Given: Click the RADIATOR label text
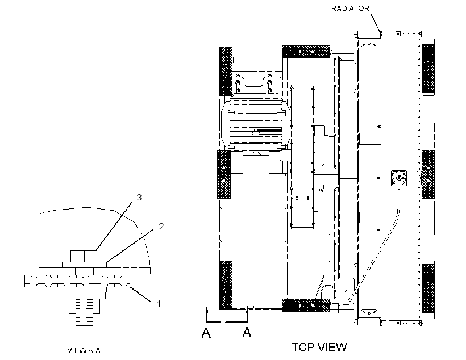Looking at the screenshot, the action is pyautogui.click(x=350, y=9).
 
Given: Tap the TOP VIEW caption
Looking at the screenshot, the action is pyautogui.click(x=319, y=348).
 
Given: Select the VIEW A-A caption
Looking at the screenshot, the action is pyautogui.click(x=84, y=350).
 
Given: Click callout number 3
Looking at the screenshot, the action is pyautogui.click(x=139, y=197).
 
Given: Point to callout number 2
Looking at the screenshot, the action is pyautogui.click(x=161, y=227).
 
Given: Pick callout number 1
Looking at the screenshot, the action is pyautogui.click(x=159, y=304).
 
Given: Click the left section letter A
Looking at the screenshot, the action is pyautogui.click(x=206, y=333).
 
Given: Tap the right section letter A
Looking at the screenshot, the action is pyautogui.click(x=247, y=332).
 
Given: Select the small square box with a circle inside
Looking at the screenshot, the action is pyautogui.click(x=398, y=178).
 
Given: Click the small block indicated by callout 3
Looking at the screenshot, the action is pyautogui.click(x=77, y=256).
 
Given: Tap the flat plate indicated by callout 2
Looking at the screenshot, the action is pyautogui.click(x=85, y=265).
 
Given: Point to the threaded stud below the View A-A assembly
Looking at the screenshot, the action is pyautogui.click(x=85, y=309).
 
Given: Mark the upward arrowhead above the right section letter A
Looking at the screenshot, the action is pyautogui.click(x=247, y=311).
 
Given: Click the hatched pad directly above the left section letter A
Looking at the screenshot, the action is pyautogui.click(x=226, y=285).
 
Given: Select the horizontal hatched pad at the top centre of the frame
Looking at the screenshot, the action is pyautogui.click(x=306, y=51).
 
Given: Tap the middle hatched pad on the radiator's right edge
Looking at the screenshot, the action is pyautogui.click(x=428, y=174).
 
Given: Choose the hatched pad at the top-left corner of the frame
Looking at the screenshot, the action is pyautogui.click(x=226, y=72).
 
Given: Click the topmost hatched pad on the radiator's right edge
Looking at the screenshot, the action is pyautogui.click(x=428, y=68).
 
